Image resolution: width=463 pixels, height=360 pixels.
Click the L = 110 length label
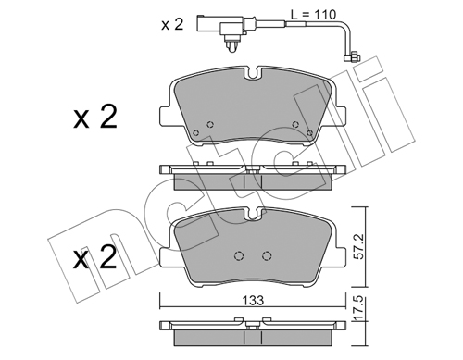313,14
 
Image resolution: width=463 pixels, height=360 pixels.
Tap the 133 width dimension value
253,300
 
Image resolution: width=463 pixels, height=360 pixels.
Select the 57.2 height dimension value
360,247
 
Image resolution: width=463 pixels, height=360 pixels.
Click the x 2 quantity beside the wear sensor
172,24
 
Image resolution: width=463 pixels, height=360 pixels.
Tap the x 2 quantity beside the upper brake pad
95,117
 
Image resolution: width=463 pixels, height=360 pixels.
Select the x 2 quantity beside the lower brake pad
95,257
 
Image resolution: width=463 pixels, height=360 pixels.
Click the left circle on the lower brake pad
239,255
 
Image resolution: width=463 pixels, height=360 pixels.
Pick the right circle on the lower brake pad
267,255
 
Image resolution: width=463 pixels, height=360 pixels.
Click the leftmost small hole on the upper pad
195,133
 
